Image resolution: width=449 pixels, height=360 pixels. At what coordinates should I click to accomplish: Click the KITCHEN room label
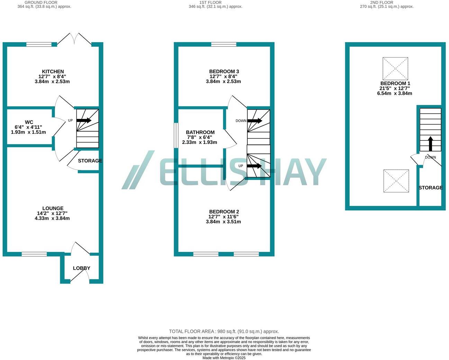(x=53, y=72)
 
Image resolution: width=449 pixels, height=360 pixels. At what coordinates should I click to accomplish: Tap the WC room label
(x=29, y=122)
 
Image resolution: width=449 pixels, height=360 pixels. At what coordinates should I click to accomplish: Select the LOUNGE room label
(x=53, y=208)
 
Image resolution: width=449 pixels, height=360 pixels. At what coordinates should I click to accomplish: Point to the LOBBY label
(x=82, y=268)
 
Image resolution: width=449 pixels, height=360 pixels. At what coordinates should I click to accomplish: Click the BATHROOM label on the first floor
(x=200, y=132)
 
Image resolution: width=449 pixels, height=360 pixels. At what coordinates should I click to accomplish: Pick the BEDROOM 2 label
(x=224, y=211)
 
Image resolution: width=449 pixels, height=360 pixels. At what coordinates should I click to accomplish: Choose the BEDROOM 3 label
(x=224, y=72)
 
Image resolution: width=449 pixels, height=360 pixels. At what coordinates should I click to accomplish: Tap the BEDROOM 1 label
(x=395, y=83)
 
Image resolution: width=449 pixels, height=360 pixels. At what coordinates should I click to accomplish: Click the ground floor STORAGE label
(x=90, y=161)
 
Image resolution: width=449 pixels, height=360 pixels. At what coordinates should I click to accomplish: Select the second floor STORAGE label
(x=430, y=188)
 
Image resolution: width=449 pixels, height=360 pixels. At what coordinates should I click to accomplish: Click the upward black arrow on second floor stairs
(x=430, y=143)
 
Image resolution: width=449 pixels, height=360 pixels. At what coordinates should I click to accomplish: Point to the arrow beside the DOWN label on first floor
(x=255, y=121)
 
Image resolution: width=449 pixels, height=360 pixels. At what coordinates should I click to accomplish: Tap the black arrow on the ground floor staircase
(x=84, y=120)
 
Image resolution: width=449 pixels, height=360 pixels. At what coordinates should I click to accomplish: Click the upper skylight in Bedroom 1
(x=395, y=69)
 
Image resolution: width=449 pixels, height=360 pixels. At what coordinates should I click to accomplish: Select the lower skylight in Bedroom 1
(x=396, y=181)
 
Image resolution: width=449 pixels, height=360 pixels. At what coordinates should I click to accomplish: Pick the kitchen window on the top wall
(x=39, y=44)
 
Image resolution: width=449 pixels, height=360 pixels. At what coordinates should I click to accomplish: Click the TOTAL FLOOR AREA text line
(x=224, y=331)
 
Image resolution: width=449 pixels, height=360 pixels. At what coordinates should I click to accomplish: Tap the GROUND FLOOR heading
(x=41, y=2)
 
